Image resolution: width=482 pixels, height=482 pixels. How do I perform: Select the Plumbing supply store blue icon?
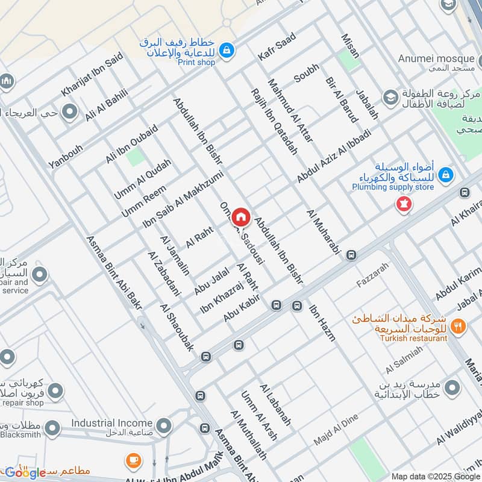446,175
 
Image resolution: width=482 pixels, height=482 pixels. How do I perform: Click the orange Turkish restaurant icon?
459,326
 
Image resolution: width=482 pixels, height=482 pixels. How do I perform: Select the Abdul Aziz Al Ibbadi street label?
334,156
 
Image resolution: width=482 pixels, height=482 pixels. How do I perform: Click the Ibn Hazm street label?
322,324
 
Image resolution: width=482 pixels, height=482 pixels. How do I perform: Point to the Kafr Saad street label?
277,46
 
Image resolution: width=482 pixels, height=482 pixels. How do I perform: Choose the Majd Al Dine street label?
336,430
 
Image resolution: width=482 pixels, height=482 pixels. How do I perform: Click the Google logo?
25,472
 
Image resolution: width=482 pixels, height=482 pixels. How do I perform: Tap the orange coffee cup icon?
134,462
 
